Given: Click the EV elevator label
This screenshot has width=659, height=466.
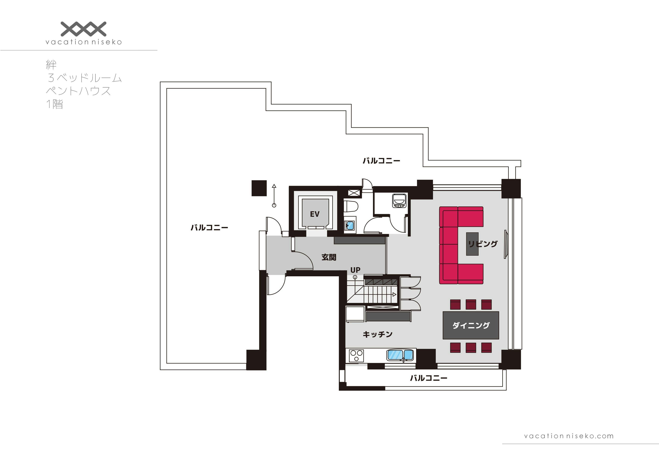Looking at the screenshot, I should point(315,214).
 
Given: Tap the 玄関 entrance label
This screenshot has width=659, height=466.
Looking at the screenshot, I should point(329,257).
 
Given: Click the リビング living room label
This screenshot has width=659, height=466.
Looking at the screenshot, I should point(483,244).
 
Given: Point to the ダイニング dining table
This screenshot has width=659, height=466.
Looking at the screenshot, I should point(471,325).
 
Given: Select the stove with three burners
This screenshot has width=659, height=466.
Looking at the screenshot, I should point(356,356).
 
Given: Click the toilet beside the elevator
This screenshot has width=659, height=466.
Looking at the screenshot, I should point(351,206).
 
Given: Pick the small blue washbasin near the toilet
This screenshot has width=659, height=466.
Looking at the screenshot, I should point(350,226).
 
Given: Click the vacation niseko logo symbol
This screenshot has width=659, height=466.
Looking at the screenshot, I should point(84,29).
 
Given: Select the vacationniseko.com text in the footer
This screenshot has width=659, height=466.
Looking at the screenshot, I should point(569,436).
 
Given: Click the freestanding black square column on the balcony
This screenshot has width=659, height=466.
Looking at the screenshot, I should point(259,188).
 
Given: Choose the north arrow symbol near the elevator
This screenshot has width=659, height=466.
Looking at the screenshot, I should point(274,196).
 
